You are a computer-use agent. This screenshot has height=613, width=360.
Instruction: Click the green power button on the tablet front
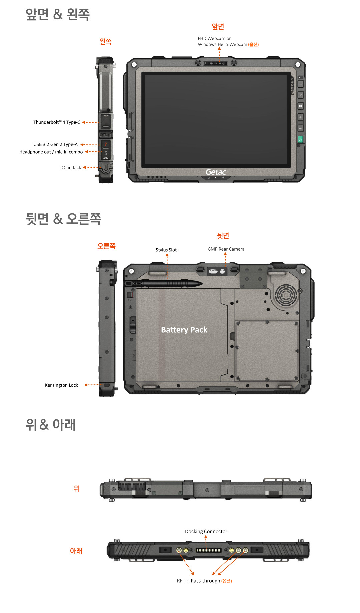[x=300, y=140]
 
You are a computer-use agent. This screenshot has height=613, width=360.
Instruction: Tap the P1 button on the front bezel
[x=300, y=84]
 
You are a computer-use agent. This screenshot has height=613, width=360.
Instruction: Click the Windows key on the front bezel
[x=300, y=106]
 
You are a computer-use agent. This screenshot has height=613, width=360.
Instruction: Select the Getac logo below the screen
[x=216, y=172]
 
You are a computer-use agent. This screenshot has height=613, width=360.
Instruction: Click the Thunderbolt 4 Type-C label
[x=57, y=122]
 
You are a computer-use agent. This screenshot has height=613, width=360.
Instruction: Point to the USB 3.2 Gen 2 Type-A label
[x=55, y=144]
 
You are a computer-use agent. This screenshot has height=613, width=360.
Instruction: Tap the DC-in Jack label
[x=71, y=168]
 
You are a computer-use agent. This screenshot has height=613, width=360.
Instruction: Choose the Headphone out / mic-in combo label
[x=51, y=152]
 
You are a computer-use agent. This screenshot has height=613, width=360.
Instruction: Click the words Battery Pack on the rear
[x=184, y=330]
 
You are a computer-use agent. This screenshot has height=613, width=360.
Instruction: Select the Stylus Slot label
[x=166, y=250]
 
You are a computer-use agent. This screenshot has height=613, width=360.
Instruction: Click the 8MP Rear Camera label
[x=226, y=249]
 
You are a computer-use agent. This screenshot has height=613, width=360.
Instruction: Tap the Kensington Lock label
[x=61, y=385]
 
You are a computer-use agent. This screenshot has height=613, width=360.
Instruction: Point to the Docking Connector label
[x=206, y=532]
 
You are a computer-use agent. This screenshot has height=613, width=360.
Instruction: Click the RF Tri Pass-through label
[x=198, y=581]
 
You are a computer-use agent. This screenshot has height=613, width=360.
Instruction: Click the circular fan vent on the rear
[x=286, y=295]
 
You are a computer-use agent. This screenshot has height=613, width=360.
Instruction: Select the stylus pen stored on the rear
[x=163, y=284]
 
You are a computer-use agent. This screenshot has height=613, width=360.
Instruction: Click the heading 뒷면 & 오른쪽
[x=63, y=219]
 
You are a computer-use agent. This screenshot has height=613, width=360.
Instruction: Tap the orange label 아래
[x=76, y=551]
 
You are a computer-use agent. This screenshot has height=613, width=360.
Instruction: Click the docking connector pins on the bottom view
[x=209, y=550]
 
